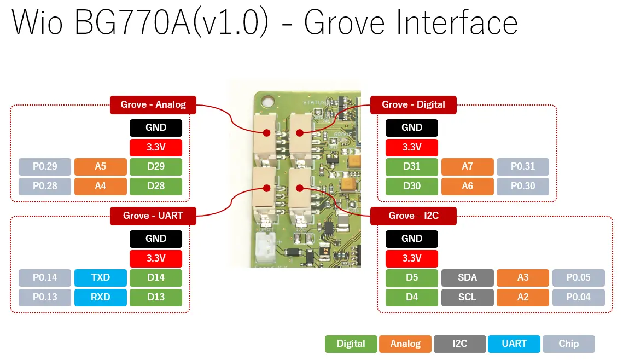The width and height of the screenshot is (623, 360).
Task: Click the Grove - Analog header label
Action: pos(153,104)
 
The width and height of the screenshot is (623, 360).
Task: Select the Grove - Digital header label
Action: pos(413,104)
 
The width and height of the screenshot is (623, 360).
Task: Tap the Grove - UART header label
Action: pos(153,216)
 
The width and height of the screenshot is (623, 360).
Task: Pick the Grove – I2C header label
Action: pos(413,216)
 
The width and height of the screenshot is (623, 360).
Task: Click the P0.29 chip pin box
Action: pos(45,166)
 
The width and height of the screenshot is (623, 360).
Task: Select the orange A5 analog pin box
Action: pos(100,166)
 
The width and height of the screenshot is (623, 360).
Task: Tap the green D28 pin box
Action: pos(156,186)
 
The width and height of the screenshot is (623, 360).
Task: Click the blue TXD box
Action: pos(100,277)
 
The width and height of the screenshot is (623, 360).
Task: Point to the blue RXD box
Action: pos(100,297)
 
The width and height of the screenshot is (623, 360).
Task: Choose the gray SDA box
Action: pos(467,277)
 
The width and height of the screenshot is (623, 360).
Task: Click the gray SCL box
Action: pos(467,297)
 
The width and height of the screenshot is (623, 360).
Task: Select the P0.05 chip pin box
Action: pos(578,277)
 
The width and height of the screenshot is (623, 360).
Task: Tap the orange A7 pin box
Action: pos(467,166)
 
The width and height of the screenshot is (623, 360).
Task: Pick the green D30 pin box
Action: pos(412,186)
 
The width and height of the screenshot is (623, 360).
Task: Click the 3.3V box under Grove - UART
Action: pos(156,258)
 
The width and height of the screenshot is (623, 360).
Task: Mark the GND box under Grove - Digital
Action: pos(412,127)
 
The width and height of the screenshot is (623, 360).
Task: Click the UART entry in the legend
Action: pos(514,344)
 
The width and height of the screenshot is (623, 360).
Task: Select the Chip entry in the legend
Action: pos(568,344)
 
